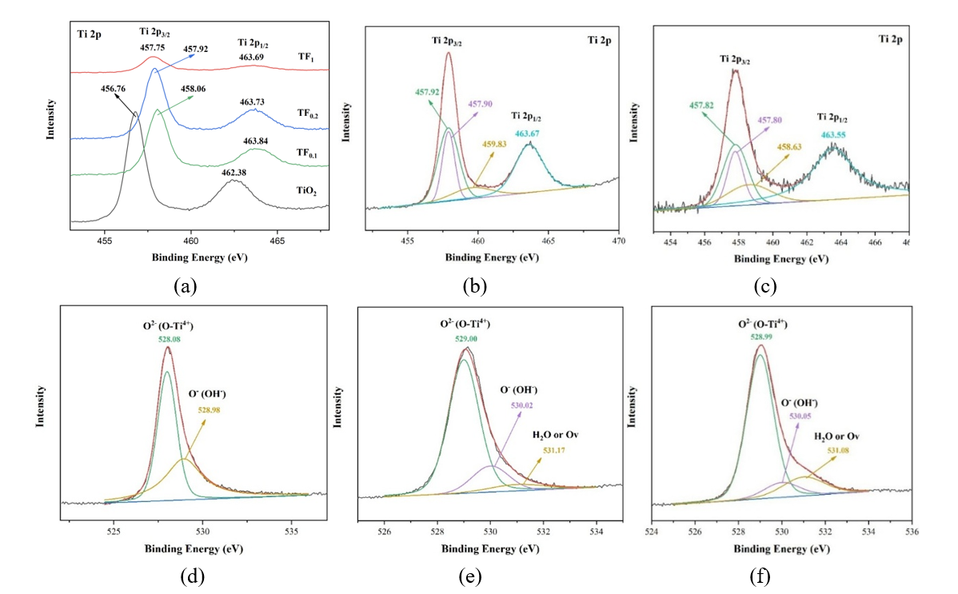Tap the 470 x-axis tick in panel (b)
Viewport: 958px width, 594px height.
tap(618, 240)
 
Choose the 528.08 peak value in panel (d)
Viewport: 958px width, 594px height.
tap(166, 338)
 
